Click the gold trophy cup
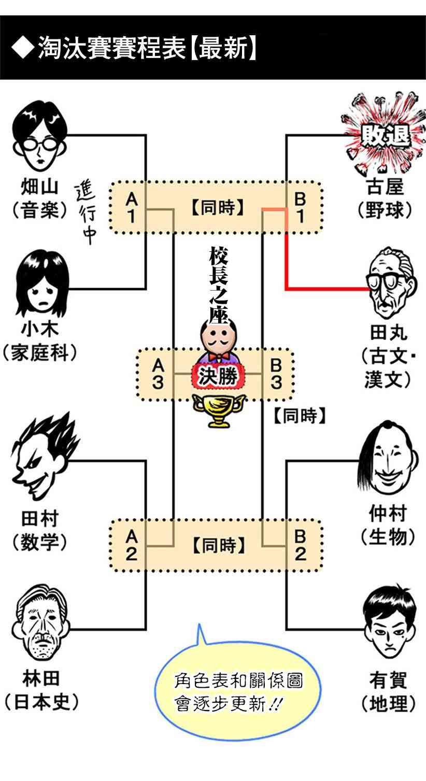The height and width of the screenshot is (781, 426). click(x=218, y=409)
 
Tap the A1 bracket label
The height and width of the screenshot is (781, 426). click(x=132, y=207)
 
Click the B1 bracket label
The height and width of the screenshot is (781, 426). click(x=300, y=207)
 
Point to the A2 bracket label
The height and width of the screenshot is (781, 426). click(x=132, y=545)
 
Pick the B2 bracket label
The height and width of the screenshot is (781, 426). click(x=301, y=545)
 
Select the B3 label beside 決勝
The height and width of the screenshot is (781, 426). click(x=276, y=374)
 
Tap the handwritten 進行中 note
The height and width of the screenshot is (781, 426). click(x=87, y=213)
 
